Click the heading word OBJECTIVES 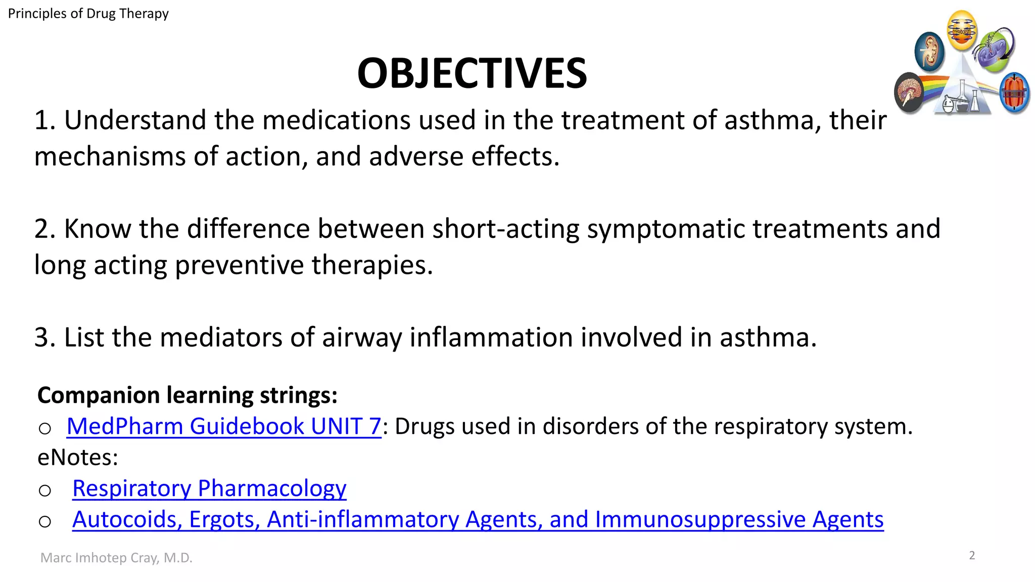coord(472,73)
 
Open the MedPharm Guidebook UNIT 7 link coord(224,426)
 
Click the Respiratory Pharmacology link coord(209,489)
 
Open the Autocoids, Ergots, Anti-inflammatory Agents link coord(478,519)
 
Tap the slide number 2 coord(972,556)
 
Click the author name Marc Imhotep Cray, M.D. coord(116,558)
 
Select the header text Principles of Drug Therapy coord(88,14)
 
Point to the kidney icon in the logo coord(929,51)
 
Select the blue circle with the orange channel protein coord(1014,93)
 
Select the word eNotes coord(78,458)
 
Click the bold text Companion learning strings coord(187,395)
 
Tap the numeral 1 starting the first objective coord(43,121)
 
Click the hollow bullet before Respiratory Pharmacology coord(45,490)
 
